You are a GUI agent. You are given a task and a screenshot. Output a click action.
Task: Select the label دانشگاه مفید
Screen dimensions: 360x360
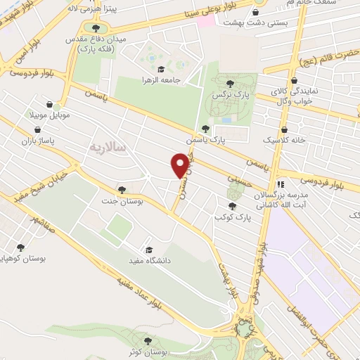point(179,250)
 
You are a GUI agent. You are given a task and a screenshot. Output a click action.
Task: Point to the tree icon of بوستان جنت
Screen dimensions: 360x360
point(122,190)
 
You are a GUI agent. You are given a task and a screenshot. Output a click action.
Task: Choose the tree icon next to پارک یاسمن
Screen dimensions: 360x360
point(205,129)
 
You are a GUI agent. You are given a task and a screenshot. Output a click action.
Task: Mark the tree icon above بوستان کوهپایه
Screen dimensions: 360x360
point(20,247)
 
